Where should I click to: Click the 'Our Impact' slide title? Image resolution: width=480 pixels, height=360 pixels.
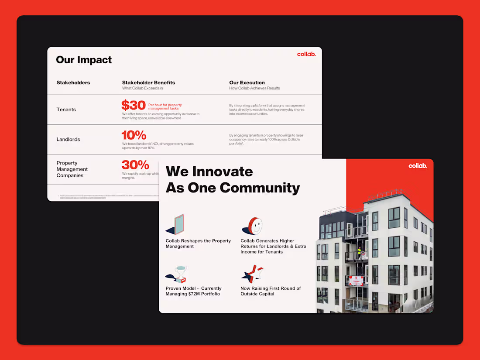84,60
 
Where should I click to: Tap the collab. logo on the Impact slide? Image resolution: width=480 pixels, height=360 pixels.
306,54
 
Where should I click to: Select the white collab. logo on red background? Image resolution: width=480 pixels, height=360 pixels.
418,166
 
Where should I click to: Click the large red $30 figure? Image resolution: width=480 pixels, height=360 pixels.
133,105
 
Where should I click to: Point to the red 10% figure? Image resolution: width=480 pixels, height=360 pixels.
134,135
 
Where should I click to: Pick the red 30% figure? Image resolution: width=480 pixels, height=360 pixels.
135,165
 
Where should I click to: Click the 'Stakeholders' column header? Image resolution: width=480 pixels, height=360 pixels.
73,82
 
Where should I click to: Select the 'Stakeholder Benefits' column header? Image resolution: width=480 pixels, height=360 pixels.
148,82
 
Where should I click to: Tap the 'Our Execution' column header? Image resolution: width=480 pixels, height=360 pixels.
247,82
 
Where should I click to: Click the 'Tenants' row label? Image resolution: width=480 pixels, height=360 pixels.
66,110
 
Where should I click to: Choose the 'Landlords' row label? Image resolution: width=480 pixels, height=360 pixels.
68,140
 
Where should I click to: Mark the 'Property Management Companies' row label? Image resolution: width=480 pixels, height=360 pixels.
72,169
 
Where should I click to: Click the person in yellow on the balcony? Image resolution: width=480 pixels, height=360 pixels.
360,252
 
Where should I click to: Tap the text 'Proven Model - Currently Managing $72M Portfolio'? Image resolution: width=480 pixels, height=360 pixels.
193,291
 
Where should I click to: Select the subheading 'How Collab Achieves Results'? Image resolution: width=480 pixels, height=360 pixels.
254,88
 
